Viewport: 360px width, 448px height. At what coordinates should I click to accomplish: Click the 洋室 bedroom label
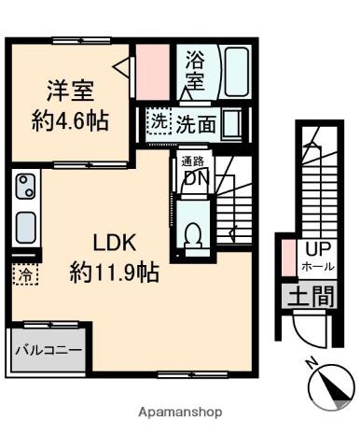[71, 91]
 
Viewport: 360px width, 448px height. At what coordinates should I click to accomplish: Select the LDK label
[114, 245]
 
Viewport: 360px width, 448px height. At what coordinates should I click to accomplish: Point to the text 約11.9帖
[114, 273]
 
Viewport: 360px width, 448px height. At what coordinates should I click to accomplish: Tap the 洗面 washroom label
[196, 122]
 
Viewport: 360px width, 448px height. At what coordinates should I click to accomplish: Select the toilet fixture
[195, 236]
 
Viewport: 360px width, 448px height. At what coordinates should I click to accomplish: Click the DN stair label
[194, 178]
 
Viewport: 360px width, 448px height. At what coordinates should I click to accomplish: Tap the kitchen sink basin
[25, 226]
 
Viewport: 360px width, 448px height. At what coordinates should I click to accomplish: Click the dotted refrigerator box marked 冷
[24, 275]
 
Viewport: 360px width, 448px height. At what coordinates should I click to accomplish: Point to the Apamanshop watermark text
[180, 411]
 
